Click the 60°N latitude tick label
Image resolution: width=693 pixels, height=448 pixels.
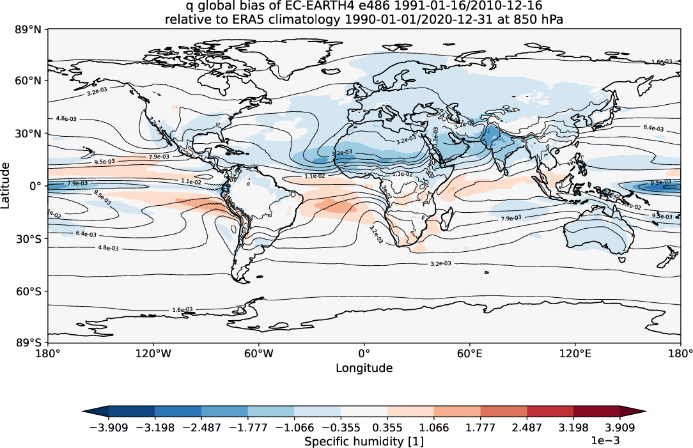click(x=30, y=81)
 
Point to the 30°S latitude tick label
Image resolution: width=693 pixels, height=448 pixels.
click(x=30, y=238)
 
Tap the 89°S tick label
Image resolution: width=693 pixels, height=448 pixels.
click(x=30, y=343)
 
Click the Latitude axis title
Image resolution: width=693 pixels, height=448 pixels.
click(x=6, y=185)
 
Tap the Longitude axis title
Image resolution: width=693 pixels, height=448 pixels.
click(x=364, y=368)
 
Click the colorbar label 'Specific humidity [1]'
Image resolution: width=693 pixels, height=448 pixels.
click(x=364, y=442)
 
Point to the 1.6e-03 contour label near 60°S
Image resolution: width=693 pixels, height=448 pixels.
click(x=182, y=310)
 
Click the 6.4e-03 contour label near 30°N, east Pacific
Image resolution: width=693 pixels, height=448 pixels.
click(x=653, y=128)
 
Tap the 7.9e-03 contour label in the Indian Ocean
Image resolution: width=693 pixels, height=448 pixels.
click(x=511, y=219)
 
